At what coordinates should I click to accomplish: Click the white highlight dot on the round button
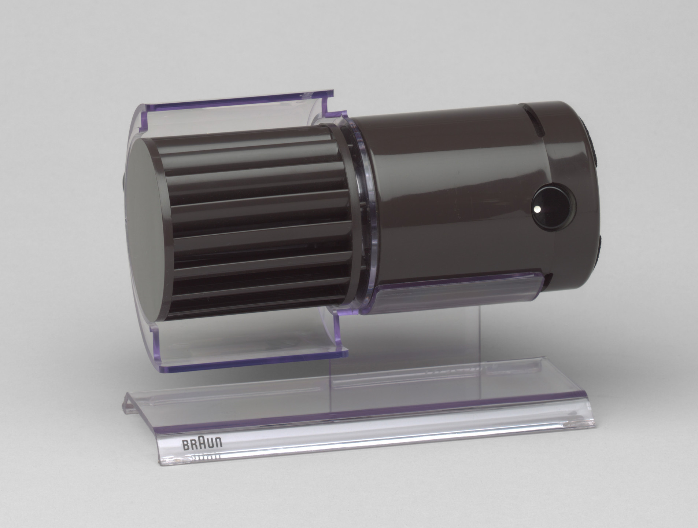click(x=536, y=209)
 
